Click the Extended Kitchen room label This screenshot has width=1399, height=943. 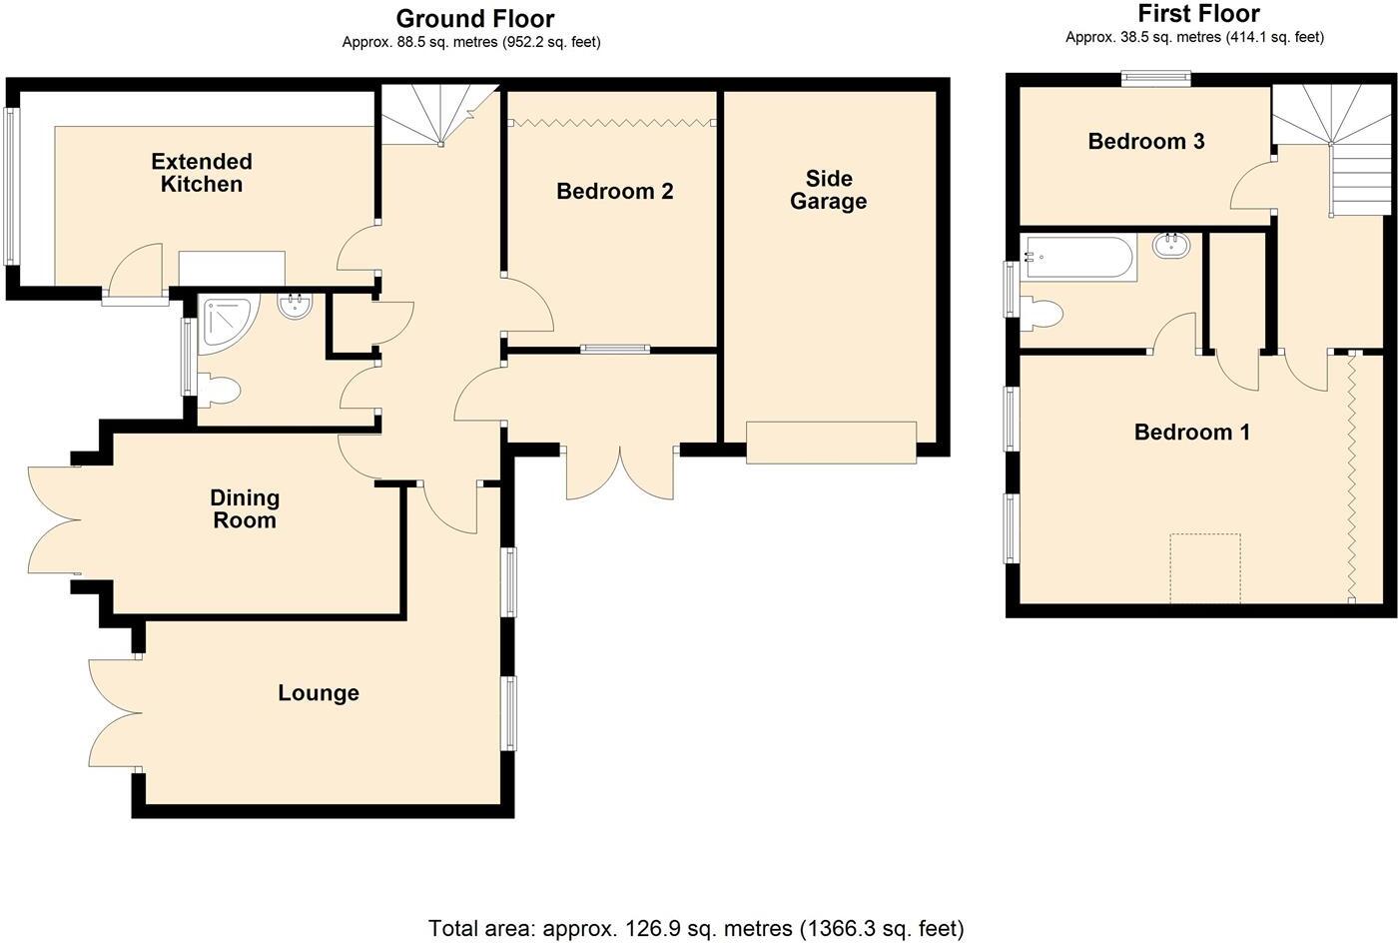pos(202,173)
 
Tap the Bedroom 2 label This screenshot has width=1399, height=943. pos(614,191)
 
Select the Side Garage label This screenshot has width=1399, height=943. pos(828,190)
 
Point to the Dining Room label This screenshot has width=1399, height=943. pos(245,508)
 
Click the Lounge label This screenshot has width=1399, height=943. pos(318,692)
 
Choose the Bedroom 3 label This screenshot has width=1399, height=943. pos(1145,141)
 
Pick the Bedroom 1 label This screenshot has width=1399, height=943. pos(1191,432)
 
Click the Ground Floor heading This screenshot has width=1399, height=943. pos(474,18)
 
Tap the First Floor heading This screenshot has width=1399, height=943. pos(1198,14)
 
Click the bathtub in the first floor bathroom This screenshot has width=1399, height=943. pos(1078,258)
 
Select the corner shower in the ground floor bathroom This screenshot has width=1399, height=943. pos(224,321)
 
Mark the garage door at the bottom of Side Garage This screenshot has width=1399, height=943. pos(831,442)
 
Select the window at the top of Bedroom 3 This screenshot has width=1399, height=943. pos(1156,78)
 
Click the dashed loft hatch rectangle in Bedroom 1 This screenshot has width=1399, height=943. pos(1204,567)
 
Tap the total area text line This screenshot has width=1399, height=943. pos(696,928)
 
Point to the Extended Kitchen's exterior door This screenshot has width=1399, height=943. pos(137,275)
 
